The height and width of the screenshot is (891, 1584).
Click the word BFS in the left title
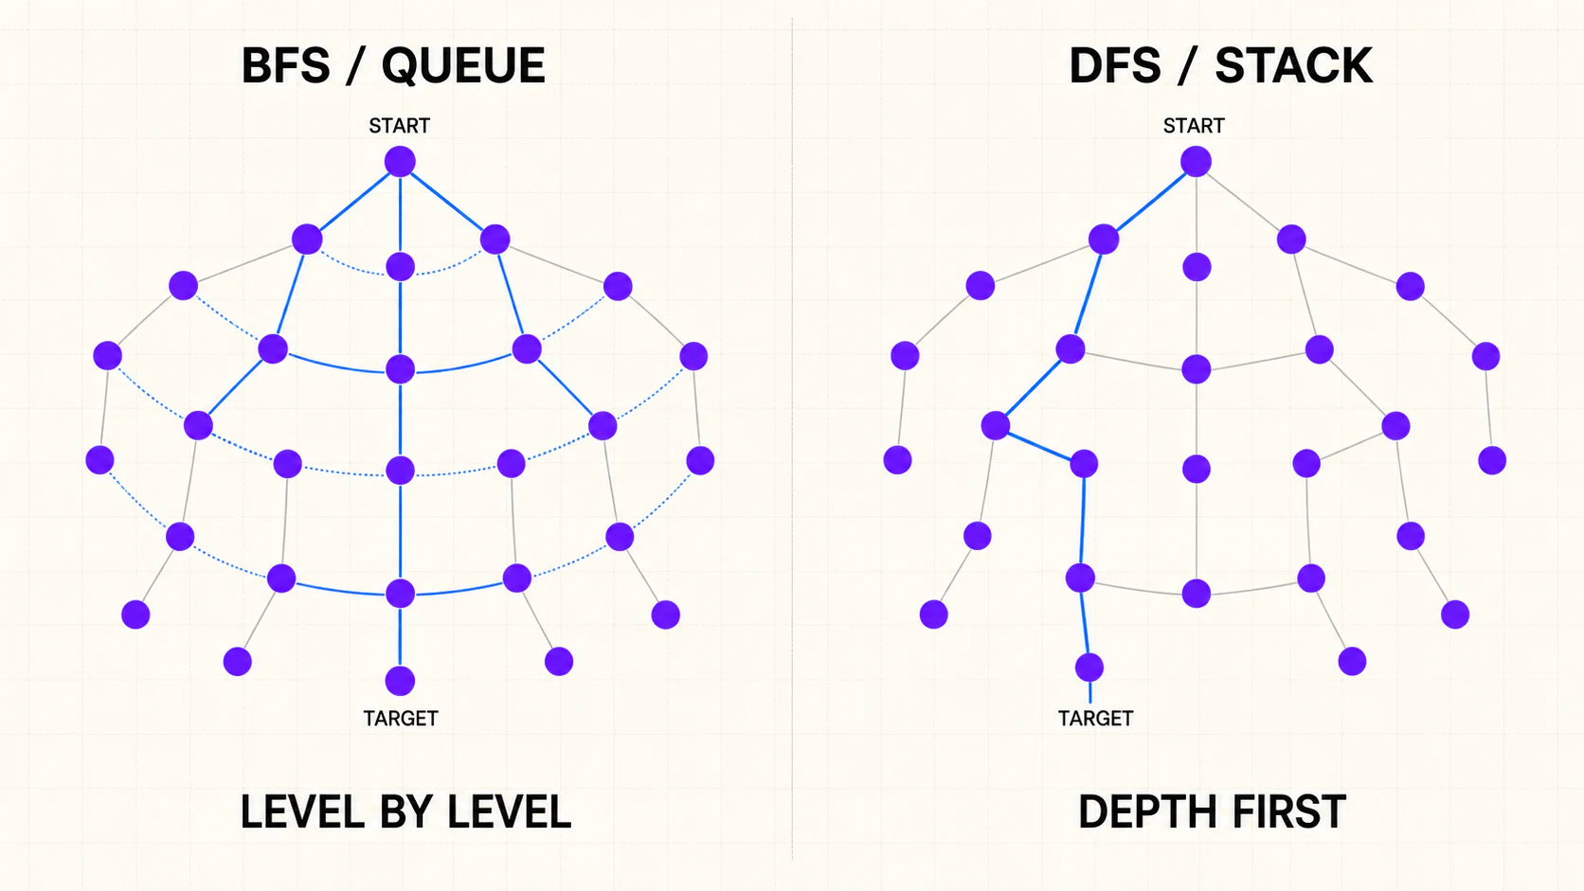[286, 65]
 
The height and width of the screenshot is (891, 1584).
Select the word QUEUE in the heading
[463, 66]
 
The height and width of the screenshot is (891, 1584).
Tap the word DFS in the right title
[1114, 65]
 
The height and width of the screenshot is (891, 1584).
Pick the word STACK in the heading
[1293, 65]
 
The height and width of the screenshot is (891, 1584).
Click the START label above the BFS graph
[400, 126]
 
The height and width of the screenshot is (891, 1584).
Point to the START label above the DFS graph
[1194, 126]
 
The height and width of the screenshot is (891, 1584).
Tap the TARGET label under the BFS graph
[400, 719]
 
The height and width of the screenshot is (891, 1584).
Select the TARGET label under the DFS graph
[1095, 719]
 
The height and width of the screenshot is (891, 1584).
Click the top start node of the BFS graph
[400, 162]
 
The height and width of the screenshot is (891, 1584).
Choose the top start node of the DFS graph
[1196, 162]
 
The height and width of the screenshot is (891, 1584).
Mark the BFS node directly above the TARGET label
[400, 681]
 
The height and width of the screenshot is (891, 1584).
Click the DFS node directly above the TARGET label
[1089, 668]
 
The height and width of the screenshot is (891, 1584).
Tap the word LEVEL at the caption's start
[303, 811]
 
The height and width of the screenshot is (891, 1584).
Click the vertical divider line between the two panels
[792, 438]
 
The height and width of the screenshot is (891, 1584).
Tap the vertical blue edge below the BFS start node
[400, 215]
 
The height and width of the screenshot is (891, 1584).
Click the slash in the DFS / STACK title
[1188, 65]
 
